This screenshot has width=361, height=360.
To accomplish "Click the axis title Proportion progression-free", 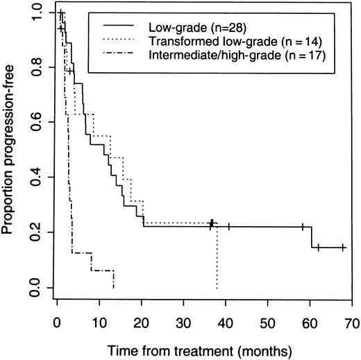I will tap(10, 149).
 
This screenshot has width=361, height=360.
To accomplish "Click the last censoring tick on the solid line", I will tap(343, 248).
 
